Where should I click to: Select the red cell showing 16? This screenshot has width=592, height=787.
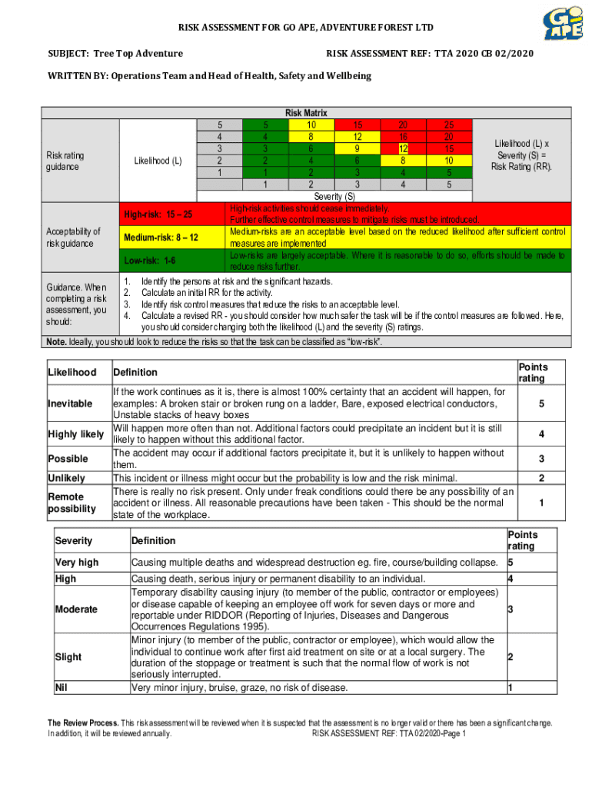(403, 136)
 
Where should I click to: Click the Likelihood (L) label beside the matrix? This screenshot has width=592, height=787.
(158, 161)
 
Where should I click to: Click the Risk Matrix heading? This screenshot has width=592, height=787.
(306, 113)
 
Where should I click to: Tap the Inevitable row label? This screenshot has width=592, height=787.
(70, 403)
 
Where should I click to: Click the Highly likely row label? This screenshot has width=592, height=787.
(76, 434)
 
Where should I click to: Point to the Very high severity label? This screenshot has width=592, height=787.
(77, 563)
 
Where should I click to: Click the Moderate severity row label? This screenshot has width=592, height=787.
(76, 609)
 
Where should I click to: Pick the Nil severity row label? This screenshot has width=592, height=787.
(62, 686)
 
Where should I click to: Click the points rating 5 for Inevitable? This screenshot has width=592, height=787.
(541, 403)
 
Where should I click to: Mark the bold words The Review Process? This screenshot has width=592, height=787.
(83, 723)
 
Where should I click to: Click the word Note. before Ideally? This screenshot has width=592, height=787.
(56, 342)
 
